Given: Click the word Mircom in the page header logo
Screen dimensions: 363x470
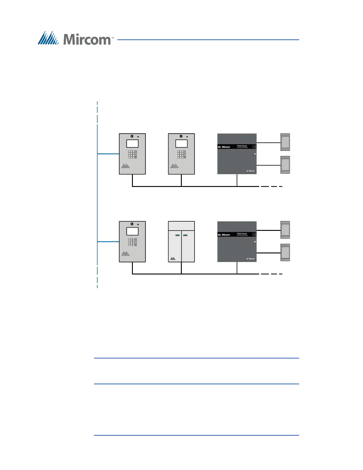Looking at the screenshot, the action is (87, 39).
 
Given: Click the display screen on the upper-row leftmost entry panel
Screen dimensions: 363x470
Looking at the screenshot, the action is (132, 144).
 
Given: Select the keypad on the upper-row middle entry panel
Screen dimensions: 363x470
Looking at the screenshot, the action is (181, 154).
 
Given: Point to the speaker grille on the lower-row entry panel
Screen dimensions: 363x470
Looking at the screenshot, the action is (125, 254).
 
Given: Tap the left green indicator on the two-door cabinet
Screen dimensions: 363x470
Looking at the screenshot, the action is (177, 235).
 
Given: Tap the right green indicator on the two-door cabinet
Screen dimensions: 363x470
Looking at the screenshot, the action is (185, 235).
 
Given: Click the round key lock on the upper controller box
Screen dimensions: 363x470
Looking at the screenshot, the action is (254, 154).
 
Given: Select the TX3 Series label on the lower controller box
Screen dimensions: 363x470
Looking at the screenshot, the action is (242, 234).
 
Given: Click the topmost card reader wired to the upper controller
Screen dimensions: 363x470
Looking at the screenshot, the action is (285, 142).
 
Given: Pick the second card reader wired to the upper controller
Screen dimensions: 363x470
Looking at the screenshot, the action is (285, 165).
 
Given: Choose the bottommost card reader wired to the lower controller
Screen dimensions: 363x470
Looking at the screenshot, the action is (285, 253).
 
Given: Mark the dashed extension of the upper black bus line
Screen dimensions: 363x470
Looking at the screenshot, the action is (271, 186).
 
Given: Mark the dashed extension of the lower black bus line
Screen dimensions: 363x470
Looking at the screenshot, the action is (271, 274).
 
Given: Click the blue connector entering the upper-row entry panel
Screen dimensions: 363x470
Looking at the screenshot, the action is (108, 154).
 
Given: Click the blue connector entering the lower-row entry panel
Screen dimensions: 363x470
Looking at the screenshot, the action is (108, 242).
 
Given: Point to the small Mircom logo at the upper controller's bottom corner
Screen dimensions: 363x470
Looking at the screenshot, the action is (251, 171).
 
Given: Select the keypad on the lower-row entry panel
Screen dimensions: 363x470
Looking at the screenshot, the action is (133, 242).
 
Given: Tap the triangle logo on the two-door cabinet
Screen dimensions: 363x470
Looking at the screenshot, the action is (173, 258).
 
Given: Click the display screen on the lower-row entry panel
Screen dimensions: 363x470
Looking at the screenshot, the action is (132, 231).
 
